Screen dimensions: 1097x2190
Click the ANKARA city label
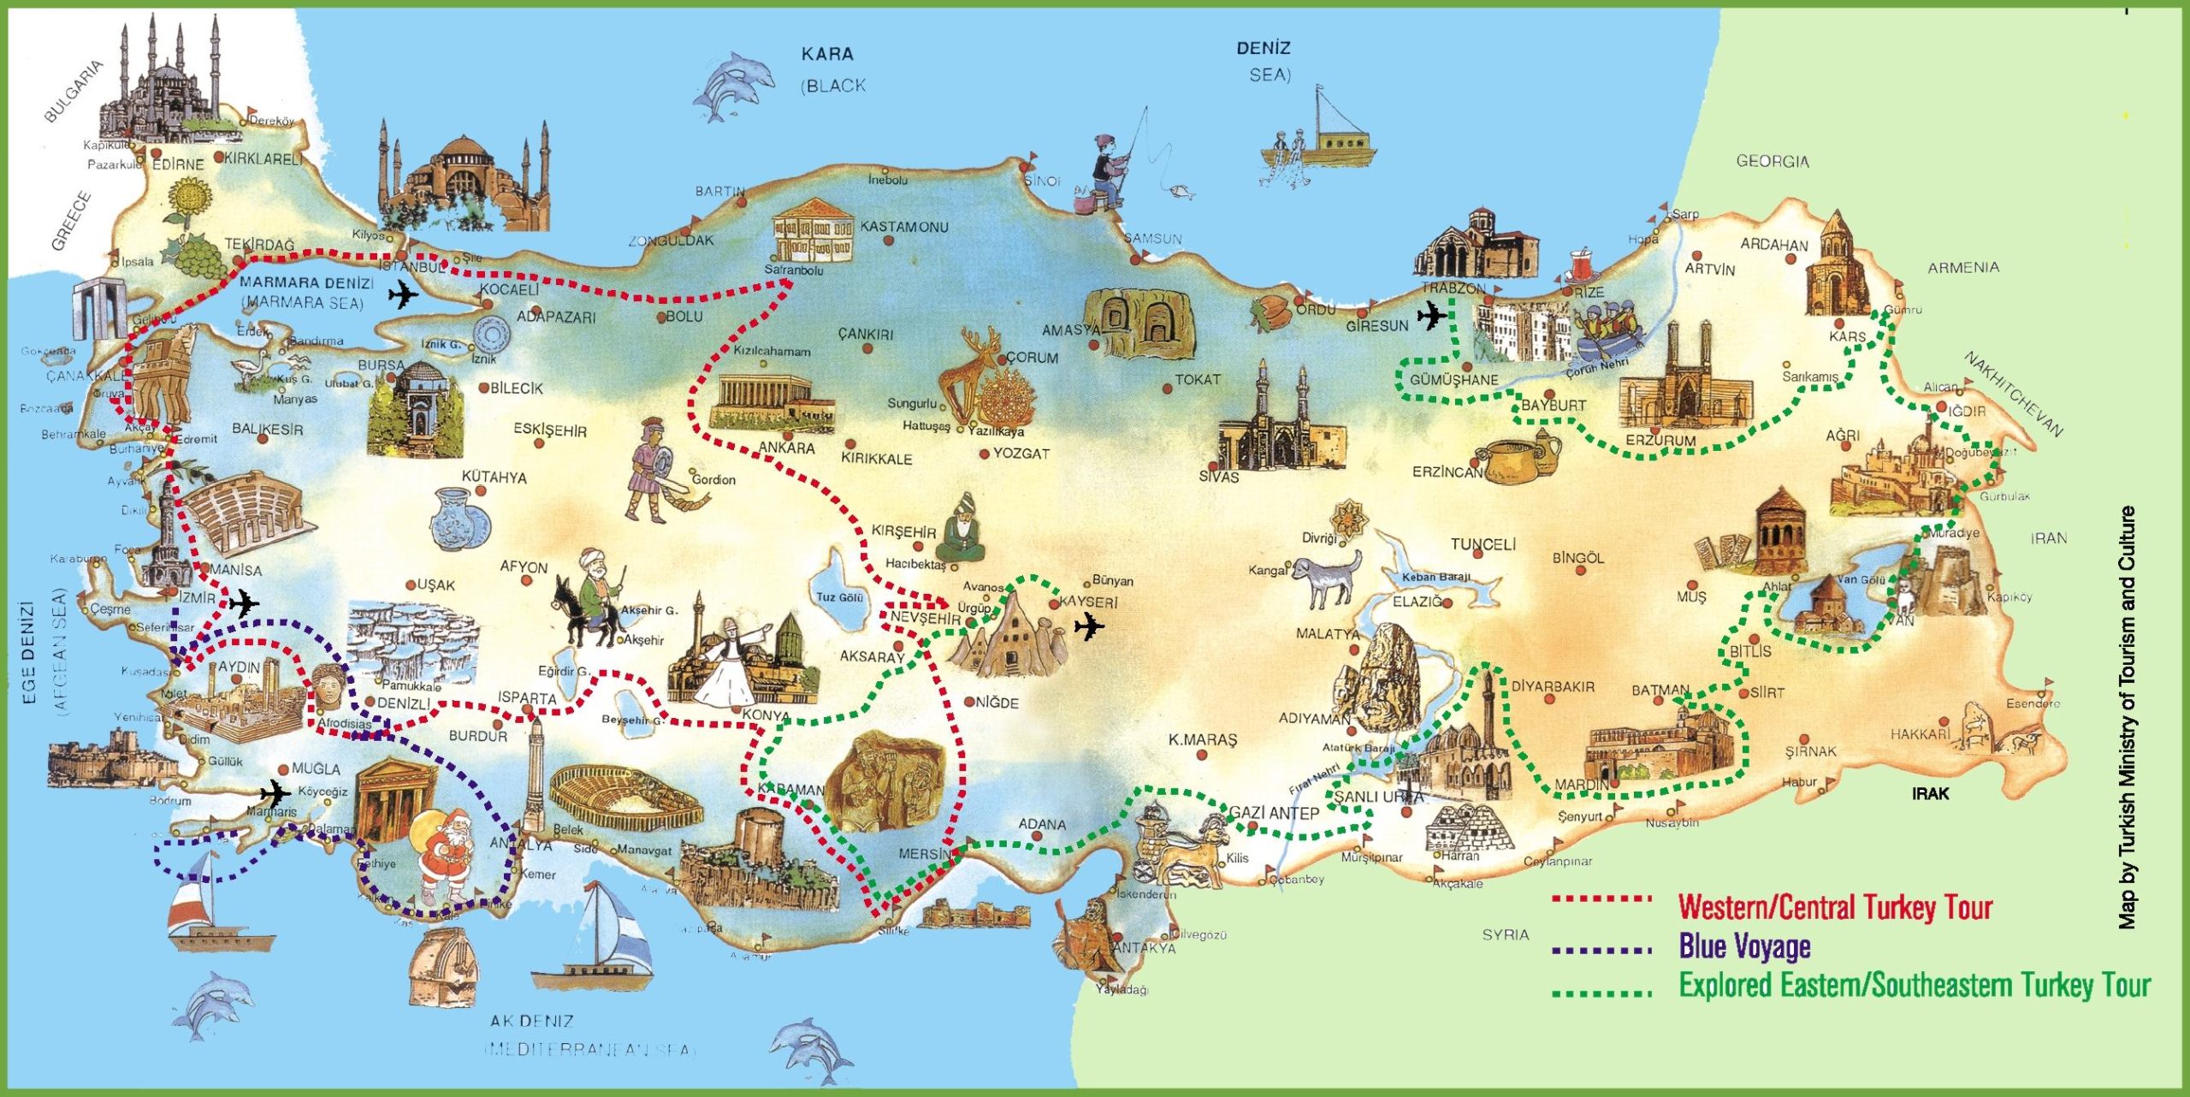786,448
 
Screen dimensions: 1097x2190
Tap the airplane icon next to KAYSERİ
1088,626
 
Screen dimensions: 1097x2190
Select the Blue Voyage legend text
1744,946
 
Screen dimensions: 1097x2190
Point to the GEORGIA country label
1772,161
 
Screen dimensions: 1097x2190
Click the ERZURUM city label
1660,440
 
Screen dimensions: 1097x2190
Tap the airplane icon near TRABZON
1431,316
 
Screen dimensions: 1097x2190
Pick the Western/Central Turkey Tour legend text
1835,906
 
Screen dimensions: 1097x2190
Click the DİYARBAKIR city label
1553,686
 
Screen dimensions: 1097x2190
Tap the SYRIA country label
1505,934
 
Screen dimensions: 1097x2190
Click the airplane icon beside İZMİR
243,604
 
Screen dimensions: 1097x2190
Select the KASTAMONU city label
903,227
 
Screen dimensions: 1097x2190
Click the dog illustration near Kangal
1326,578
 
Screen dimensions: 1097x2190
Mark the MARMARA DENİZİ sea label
306,282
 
